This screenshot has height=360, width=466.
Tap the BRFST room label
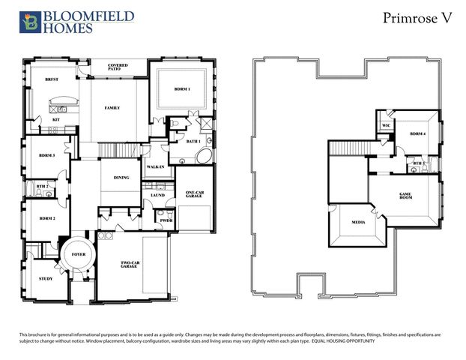coord(52,79)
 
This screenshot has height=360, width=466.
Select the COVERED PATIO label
coord(118,67)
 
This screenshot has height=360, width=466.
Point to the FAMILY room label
coord(112,108)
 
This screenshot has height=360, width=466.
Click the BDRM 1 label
coord(181,89)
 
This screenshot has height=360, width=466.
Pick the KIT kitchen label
coord(55,120)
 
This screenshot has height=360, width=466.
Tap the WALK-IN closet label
coord(155,166)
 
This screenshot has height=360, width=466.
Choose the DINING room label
coord(121,178)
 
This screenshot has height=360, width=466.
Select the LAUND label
coord(157,195)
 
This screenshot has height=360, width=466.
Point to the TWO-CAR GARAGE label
coord(131,265)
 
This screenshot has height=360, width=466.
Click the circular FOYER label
coord(79,255)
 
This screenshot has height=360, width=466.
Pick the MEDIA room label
coord(358,223)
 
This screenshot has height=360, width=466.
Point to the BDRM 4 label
coord(417,134)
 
